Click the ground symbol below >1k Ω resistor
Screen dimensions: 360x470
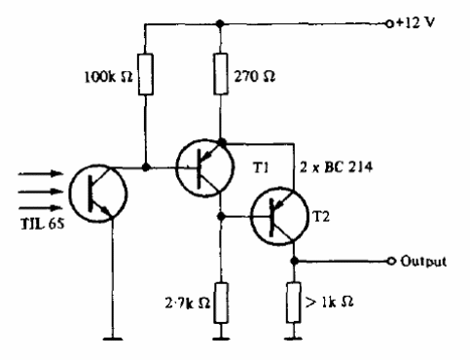295,339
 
